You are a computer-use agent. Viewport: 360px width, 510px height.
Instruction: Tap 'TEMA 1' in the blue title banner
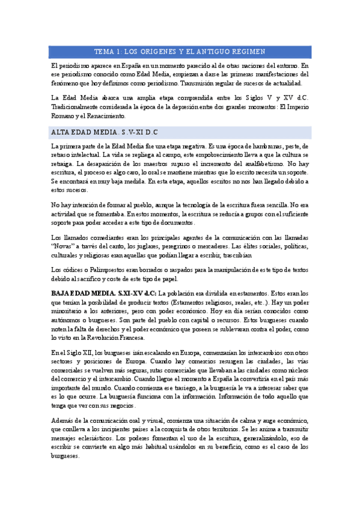click(111, 52)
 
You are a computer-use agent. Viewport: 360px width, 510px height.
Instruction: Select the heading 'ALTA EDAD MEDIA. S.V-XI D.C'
click(105, 131)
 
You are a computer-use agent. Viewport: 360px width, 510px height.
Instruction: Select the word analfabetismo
click(257, 163)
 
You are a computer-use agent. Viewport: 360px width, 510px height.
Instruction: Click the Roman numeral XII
click(82, 352)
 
